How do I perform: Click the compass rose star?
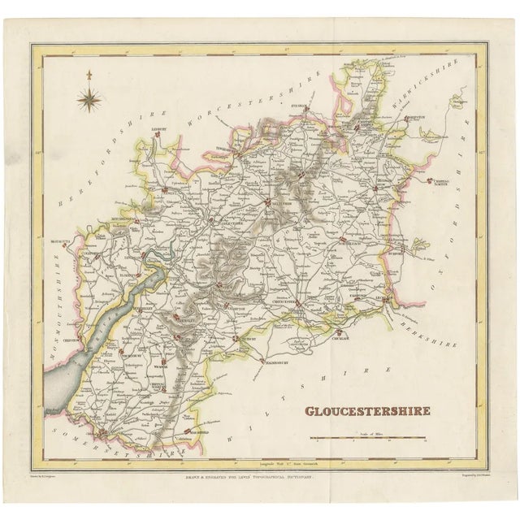[x=87, y=100]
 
